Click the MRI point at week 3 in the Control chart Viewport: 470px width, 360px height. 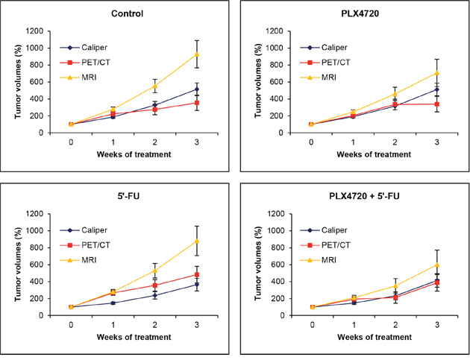point(196,54)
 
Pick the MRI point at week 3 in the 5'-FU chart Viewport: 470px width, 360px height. point(196,241)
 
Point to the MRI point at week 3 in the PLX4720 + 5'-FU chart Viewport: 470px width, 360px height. point(436,265)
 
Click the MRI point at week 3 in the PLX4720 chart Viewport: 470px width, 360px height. point(436,73)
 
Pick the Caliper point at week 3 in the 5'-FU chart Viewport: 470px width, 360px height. point(196,284)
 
